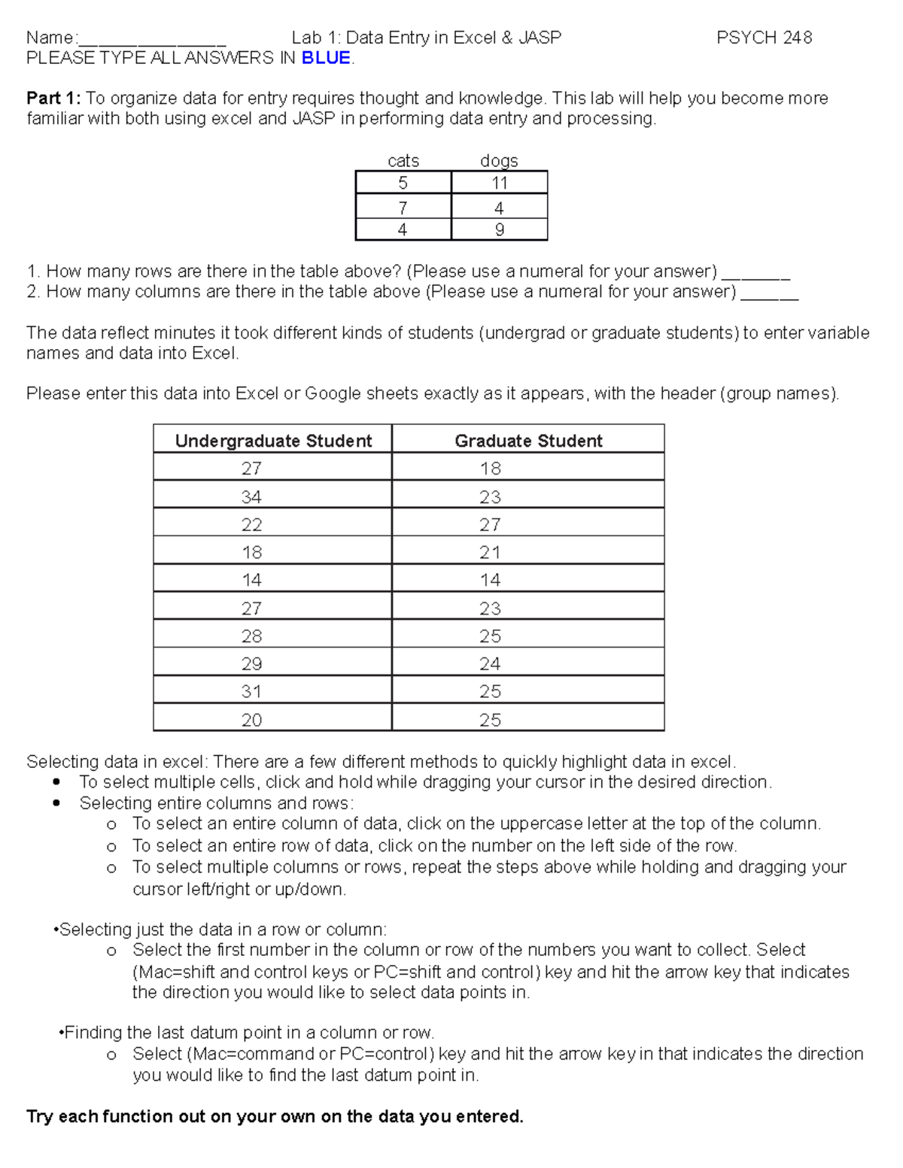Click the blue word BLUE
pyautogui.click(x=326, y=58)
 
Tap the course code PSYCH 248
pyautogui.click(x=764, y=38)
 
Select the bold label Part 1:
pyautogui.click(x=53, y=99)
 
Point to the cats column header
pyautogui.click(x=403, y=160)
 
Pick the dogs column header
pyautogui.click(x=499, y=160)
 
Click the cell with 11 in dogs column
pyautogui.click(x=500, y=183)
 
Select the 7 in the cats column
pyautogui.click(x=403, y=208)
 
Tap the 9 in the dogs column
pyautogui.click(x=500, y=229)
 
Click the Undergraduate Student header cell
pyautogui.click(x=273, y=441)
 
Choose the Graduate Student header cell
pyautogui.click(x=528, y=441)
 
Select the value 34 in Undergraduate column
pyautogui.click(x=251, y=497)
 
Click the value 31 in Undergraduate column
pyautogui.click(x=251, y=691)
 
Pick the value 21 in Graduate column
pyautogui.click(x=490, y=553)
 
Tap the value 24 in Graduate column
pyautogui.click(x=490, y=664)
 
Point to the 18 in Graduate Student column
pyautogui.click(x=490, y=469)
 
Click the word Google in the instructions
pyautogui.click(x=333, y=393)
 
